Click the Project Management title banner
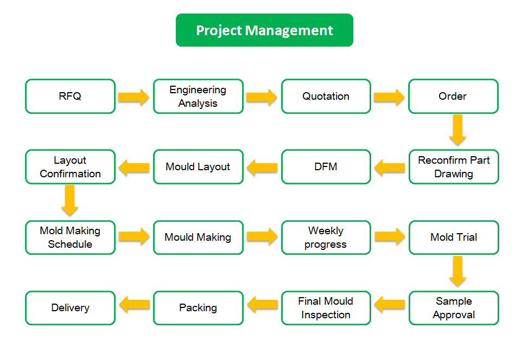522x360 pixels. (264, 30)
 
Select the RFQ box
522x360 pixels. (70, 96)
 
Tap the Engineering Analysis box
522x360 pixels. (199, 96)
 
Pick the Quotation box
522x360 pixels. (326, 96)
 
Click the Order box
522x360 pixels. (454, 96)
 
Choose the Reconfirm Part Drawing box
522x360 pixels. (454, 166)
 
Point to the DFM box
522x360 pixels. (326, 166)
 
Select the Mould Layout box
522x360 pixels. (199, 166)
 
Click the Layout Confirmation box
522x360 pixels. (70, 166)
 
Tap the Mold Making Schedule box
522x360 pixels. (70, 237)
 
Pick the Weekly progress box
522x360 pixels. (326, 237)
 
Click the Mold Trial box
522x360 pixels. (454, 237)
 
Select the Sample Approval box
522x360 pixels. (454, 308)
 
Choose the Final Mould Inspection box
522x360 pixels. (326, 308)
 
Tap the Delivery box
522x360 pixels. (70, 308)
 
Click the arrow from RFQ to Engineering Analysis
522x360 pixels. (133, 97)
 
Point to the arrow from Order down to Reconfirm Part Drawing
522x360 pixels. (457, 130)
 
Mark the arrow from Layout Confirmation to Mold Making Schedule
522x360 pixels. (69, 201)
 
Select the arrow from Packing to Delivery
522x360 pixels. (134, 305)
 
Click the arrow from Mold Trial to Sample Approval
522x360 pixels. (457, 271)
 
